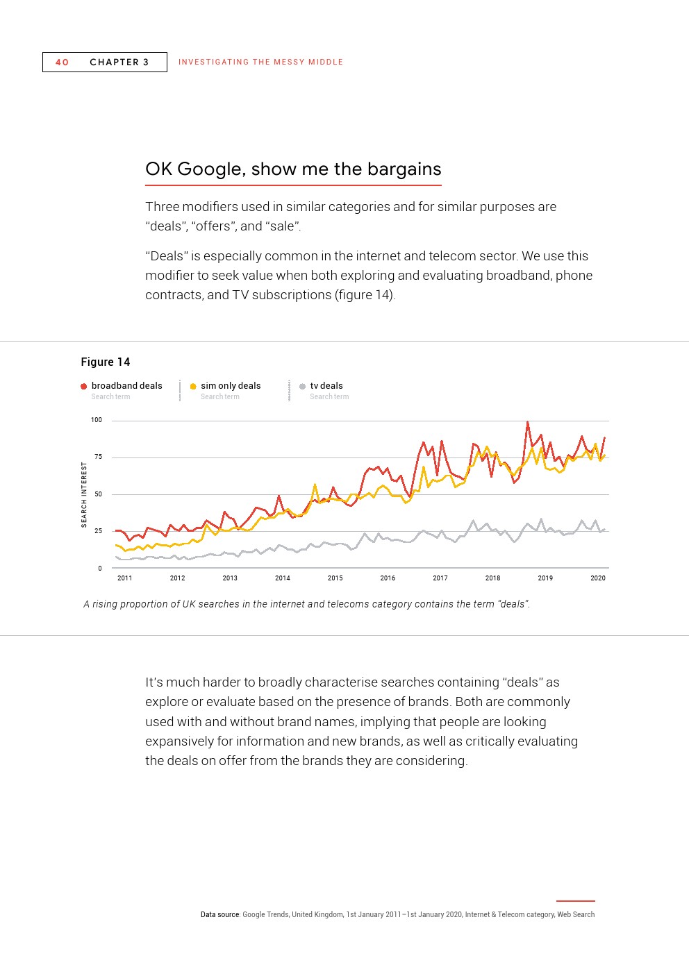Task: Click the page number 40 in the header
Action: [62, 62]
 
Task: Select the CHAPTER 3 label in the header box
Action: [119, 62]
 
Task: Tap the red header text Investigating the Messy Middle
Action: [260, 62]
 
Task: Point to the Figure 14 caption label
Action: [106, 362]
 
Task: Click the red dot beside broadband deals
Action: [84, 387]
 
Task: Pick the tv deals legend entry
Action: [326, 386]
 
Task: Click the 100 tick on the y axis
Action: [97, 420]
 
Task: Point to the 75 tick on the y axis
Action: [98, 457]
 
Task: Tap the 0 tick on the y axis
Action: [100, 569]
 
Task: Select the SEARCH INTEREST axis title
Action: [85, 495]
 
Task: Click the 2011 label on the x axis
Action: [125, 578]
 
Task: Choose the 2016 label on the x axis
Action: [388, 578]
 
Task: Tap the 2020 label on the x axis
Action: [598, 578]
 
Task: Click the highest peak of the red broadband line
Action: [527, 422]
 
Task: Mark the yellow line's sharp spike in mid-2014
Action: [315, 485]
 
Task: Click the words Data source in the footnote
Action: [220, 915]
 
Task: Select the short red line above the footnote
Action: [575, 901]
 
